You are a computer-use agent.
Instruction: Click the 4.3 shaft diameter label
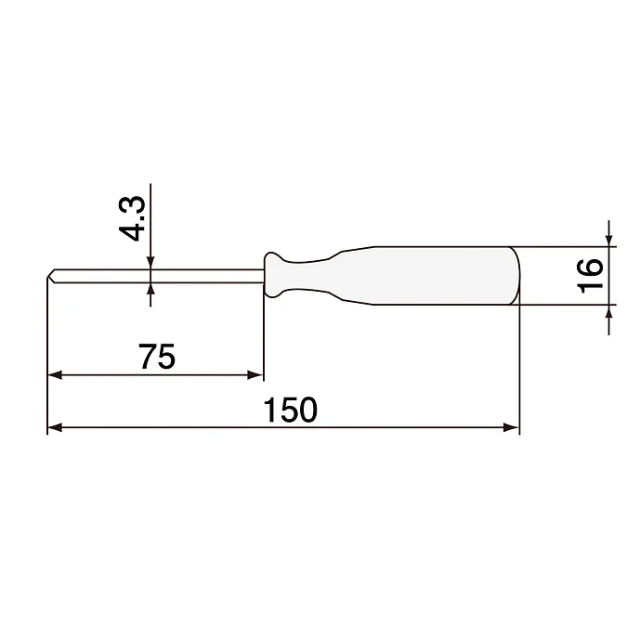tap(135, 217)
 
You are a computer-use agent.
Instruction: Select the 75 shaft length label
tap(155, 356)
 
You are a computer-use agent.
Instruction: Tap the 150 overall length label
tap(291, 410)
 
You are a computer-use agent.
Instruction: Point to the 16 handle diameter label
tap(589, 276)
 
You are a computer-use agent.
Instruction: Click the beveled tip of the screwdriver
tap(50, 276)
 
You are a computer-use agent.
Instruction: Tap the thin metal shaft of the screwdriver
tap(158, 275)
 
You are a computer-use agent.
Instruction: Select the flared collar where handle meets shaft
tap(272, 275)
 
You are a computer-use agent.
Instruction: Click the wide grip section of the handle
tap(437, 275)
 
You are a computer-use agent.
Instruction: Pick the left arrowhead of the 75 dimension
tap(54, 376)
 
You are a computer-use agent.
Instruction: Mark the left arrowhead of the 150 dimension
tap(54, 427)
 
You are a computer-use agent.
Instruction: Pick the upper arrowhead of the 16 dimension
tap(609, 241)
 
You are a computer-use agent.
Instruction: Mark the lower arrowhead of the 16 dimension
tap(609, 311)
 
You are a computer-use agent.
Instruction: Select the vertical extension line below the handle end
tap(518, 372)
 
